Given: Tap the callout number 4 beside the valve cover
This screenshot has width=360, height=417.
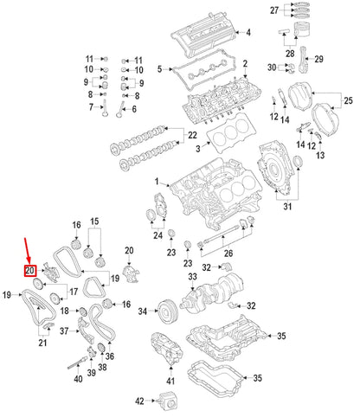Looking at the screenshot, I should (247, 33).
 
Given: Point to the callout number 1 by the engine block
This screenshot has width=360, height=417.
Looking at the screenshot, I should (157, 183).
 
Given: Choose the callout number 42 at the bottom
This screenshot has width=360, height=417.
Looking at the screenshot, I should (140, 401).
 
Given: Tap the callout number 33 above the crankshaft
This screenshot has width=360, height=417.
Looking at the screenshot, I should (192, 277).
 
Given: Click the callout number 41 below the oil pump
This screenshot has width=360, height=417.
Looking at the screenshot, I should (170, 382).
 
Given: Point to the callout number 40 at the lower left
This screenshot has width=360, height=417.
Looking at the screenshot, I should (78, 377).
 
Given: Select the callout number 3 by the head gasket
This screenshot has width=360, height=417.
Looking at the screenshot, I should (197, 150).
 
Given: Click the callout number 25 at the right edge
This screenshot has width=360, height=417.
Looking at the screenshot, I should (349, 103).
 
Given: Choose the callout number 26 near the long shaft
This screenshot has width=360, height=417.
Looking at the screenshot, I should (228, 253).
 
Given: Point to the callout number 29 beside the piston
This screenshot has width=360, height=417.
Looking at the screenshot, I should (319, 59).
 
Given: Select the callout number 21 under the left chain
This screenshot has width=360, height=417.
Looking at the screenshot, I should (42, 343).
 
